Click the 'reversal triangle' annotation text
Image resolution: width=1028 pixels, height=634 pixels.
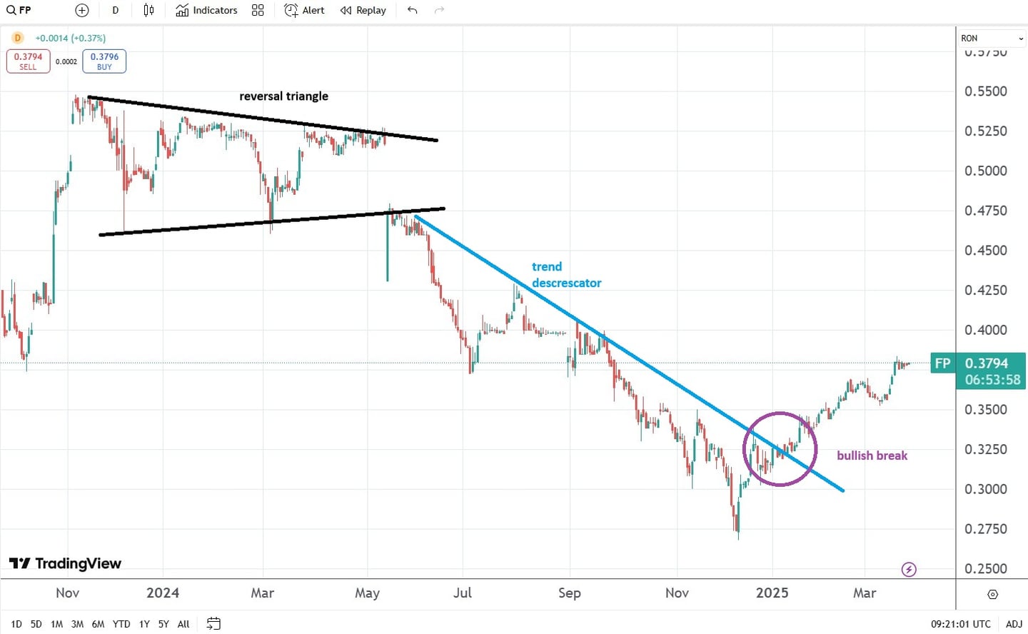pyautogui.click(x=283, y=96)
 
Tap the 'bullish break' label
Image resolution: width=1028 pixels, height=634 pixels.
pyautogui.click(x=872, y=456)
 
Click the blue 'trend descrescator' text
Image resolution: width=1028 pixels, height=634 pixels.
pyautogui.click(x=566, y=275)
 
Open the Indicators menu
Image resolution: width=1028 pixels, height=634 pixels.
pyautogui.click(x=206, y=10)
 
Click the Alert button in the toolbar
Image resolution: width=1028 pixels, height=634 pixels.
pyautogui.click(x=304, y=10)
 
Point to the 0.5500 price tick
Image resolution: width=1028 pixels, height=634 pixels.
pyautogui.click(x=985, y=91)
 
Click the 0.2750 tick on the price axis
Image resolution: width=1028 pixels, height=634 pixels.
pyautogui.click(x=985, y=529)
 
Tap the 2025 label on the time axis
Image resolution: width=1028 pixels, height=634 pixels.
pyautogui.click(x=772, y=593)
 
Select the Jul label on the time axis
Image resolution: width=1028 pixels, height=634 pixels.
pyautogui.click(x=463, y=593)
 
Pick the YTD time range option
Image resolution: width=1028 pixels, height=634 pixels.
pyautogui.click(x=121, y=624)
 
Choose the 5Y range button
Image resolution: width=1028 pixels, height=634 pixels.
pyautogui.click(x=163, y=624)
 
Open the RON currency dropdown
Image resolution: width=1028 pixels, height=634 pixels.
pyautogui.click(x=992, y=39)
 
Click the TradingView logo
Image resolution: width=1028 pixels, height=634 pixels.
pyautogui.click(x=65, y=563)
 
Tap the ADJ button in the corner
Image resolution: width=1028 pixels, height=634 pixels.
pyautogui.click(x=1014, y=624)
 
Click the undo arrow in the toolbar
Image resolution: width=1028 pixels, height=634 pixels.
pyautogui.click(x=412, y=10)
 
